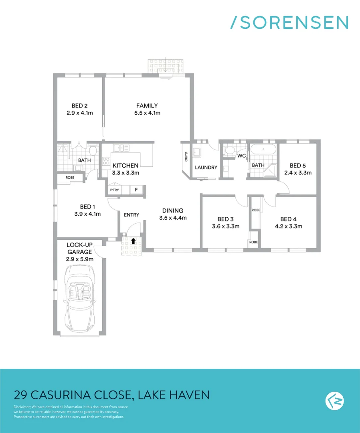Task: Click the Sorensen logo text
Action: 289,22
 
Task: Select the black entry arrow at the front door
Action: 133,241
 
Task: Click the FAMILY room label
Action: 147,106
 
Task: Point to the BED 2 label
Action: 79,106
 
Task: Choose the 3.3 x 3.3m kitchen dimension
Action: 125,173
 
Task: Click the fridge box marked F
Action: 136,190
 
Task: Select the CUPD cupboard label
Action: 185,156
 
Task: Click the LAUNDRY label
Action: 206,168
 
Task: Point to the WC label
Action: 241,156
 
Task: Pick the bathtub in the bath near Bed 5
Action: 263,151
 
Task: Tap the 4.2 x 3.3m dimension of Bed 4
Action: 288,226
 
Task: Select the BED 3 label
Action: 226,219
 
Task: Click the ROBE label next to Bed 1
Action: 65,177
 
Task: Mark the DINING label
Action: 173,210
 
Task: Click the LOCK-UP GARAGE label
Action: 79,248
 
